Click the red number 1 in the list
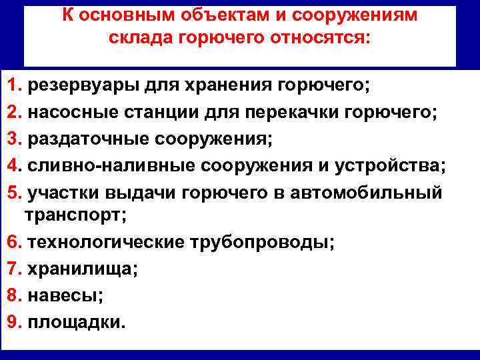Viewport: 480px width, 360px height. [x=12, y=86]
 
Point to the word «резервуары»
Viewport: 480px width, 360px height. [x=71, y=86]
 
